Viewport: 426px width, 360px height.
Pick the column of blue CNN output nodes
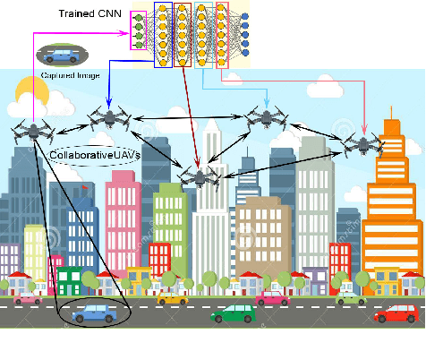coord(244,35)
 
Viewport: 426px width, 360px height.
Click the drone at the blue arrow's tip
coord(110,117)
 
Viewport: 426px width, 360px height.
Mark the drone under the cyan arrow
coord(266,116)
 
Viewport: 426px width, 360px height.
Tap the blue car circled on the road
coord(93,313)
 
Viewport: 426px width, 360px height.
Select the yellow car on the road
coord(173,297)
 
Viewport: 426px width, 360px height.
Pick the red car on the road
coord(396,313)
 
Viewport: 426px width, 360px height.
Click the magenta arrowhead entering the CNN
coord(126,36)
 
